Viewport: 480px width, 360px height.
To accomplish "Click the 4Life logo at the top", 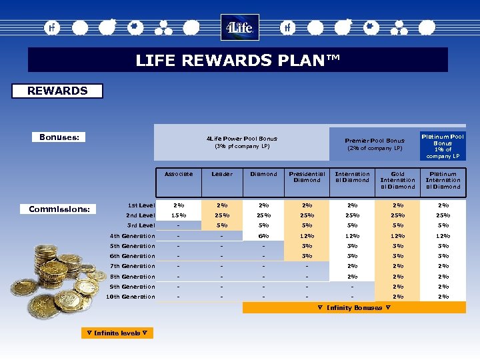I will click(239, 28).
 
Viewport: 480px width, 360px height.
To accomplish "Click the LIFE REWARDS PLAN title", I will click(238, 60).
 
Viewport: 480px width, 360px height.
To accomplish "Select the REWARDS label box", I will click(57, 91).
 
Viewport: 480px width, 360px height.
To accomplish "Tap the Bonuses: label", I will click(59, 137).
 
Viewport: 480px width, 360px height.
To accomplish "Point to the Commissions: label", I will click(59, 209).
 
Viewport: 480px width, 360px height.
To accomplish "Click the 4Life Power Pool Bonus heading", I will click(241, 142).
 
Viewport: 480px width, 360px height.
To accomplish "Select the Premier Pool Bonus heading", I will click(374, 144).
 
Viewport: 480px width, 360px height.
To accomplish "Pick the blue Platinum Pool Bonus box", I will click(443, 146).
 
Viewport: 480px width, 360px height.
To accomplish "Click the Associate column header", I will click(178, 174).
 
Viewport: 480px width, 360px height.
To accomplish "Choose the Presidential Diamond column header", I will click(307, 177).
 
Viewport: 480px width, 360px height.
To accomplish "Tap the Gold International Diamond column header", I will click(397, 180).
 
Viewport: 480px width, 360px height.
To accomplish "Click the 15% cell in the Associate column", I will click(178, 215).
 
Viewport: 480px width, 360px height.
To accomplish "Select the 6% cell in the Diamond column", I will click(263, 236).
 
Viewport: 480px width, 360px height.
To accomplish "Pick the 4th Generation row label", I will click(132, 236).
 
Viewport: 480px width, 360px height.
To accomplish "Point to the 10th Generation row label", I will click(131, 297).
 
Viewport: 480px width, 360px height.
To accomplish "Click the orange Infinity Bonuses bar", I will click(354, 308).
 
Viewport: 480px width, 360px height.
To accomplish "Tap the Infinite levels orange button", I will click(117, 333).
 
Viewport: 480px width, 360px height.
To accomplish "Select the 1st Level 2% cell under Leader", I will click(222, 205).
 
